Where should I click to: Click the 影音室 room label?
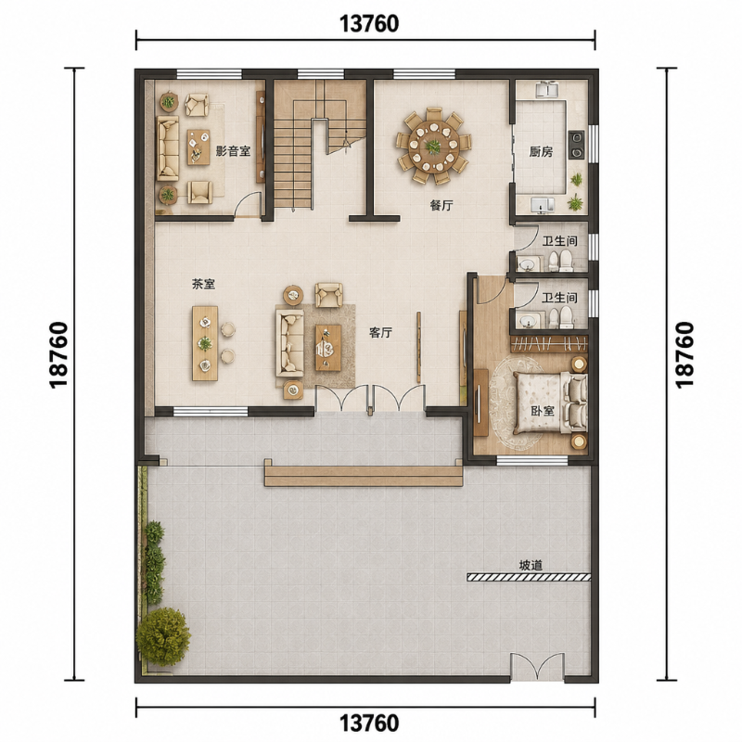coord(233,151)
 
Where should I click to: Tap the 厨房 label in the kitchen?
coord(541,152)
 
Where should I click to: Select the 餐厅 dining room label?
coord(441,205)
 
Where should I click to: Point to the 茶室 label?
coord(203,284)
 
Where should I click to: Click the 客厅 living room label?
coord(380,333)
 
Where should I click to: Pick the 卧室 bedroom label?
coord(543,411)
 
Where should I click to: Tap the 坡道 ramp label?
coord(531,566)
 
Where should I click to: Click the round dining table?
coord(433,147)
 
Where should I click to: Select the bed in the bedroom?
coord(550,403)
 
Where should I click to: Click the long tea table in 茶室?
coord(205,343)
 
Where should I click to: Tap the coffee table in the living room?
coord(328,347)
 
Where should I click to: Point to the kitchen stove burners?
coord(576,145)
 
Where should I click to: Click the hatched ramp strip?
coord(529,577)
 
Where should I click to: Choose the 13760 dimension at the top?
coord(369,24)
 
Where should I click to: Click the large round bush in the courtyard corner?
coord(163,636)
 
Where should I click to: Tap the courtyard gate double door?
coord(537,666)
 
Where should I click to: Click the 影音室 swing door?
coord(249,204)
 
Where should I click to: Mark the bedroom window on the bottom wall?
coord(531,460)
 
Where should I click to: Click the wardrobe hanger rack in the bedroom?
coord(549,344)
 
